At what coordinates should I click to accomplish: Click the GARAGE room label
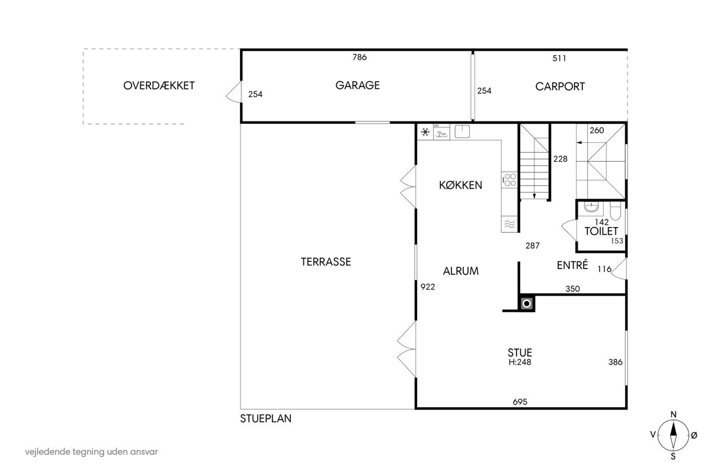[357, 85]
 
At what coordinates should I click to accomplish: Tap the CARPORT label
[560, 87]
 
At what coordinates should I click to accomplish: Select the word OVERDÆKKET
[159, 85]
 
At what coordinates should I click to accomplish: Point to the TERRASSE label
[326, 262]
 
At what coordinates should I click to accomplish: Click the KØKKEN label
[460, 185]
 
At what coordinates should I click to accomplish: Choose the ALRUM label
[460, 271]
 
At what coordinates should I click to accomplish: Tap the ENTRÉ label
[572, 265]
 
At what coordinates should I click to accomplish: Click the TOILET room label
[601, 231]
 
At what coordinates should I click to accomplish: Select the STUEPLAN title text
[265, 418]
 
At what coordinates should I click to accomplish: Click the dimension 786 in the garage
[359, 57]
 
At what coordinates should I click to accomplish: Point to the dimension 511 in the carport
[559, 58]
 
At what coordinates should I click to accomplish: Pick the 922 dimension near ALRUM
[428, 287]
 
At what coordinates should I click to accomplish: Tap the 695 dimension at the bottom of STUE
[520, 402]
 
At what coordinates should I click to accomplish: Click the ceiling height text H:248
[520, 362]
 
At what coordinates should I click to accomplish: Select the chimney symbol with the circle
[526, 303]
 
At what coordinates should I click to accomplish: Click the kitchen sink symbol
[462, 131]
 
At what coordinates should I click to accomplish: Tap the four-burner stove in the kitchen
[510, 180]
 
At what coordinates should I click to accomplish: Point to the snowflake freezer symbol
[425, 132]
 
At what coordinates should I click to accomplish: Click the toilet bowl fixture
[615, 210]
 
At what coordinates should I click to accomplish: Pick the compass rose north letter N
[673, 414]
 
